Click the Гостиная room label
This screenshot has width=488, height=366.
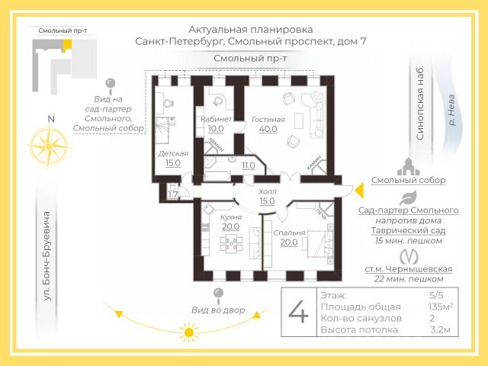point(268,119)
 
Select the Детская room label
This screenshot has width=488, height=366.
point(173,153)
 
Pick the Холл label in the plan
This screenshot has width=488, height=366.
point(268,191)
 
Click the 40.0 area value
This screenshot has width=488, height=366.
point(268,129)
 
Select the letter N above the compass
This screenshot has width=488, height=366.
point(50,119)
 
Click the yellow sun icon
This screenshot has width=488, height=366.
point(188,331)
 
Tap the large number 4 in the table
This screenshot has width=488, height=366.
point(298,313)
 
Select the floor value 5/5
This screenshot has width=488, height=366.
point(436,294)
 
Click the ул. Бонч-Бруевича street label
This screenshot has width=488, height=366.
point(48,255)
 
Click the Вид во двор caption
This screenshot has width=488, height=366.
point(218,310)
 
